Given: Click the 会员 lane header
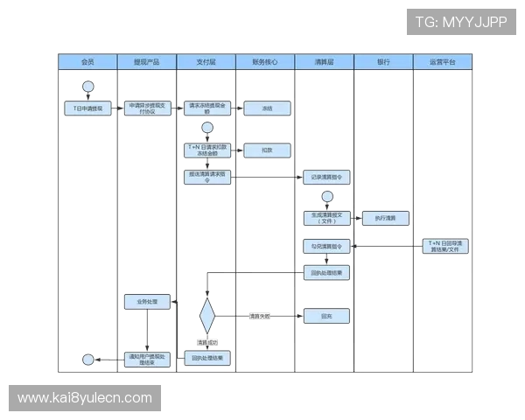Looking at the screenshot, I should point(87,63).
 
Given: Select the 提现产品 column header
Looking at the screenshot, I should point(146,63).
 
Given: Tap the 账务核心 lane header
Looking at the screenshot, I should point(265,63).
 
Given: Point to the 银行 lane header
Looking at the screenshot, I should point(383,63).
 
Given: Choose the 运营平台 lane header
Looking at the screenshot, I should point(443,63).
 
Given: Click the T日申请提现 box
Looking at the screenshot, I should point(88,108).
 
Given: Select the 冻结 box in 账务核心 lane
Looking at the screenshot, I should point(267,108).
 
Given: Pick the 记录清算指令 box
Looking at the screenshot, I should point(326,177).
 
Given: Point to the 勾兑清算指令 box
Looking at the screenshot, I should point(326,246).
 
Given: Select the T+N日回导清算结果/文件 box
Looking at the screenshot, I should point(446,246).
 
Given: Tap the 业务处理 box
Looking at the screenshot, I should point(147,302).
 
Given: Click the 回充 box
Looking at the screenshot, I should point(326,315).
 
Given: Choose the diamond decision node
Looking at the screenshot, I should point(206,316).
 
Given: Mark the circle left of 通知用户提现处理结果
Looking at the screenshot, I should point(88,359).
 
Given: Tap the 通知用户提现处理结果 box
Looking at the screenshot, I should point(147,359).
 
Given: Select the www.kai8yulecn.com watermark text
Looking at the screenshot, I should point(84,398).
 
